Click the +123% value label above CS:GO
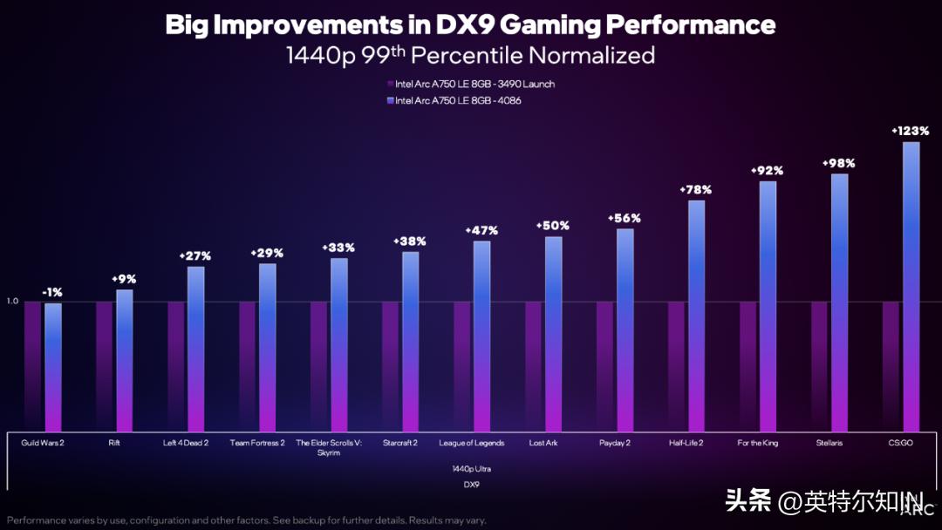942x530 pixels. tap(911, 131)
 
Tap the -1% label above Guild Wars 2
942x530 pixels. tap(52, 292)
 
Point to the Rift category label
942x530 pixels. tap(115, 443)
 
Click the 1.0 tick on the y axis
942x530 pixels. tap(12, 302)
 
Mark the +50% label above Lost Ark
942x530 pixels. tap(553, 226)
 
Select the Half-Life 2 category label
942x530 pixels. tap(686, 443)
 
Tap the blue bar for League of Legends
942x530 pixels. tap(481, 336)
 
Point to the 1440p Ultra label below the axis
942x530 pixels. tap(471, 468)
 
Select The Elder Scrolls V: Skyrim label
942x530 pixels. tap(329, 448)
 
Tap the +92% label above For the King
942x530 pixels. tap(768, 170)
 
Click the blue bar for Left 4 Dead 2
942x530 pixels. tap(195, 349)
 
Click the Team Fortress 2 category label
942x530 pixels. tap(257, 443)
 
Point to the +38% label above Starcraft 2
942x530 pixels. tap(410, 241)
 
